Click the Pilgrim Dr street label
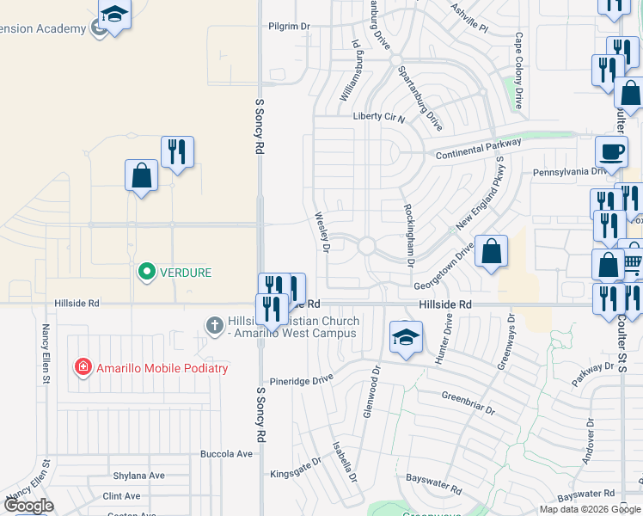click(x=288, y=27)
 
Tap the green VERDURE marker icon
click(x=146, y=273)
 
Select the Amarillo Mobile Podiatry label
click(x=162, y=368)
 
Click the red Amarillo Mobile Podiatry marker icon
click(x=83, y=367)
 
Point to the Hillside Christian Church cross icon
click(x=215, y=325)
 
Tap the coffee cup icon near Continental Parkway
click(x=611, y=152)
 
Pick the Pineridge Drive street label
click(x=301, y=379)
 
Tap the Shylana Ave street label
click(x=138, y=475)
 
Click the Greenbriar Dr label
click(x=468, y=403)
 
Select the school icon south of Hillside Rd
click(x=405, y=337)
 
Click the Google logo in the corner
click(x=28, y=506)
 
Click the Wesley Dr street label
click(x=321, y=232)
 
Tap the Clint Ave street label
click(x=121, y=496)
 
